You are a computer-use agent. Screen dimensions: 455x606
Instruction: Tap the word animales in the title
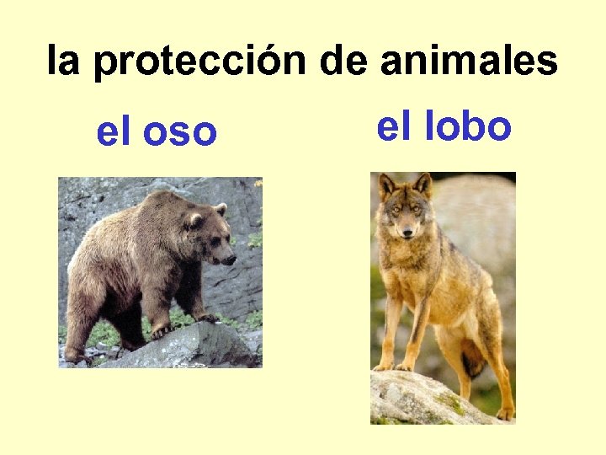pyautogui.click(x=469, y=61)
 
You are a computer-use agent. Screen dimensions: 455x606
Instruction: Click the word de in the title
pyautogui.click(x=346, y=61)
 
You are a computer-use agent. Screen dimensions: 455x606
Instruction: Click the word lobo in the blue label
pyautogui.click(x=470, y=126)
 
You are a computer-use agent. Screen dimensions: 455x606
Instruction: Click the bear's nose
pyautogui.click(x=231, y=259)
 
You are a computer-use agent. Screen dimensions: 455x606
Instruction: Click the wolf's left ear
pyautogui.click(x=387, y=185)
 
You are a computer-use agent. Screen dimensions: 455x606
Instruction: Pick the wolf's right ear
pyautogui.click(x=423, y=183)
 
